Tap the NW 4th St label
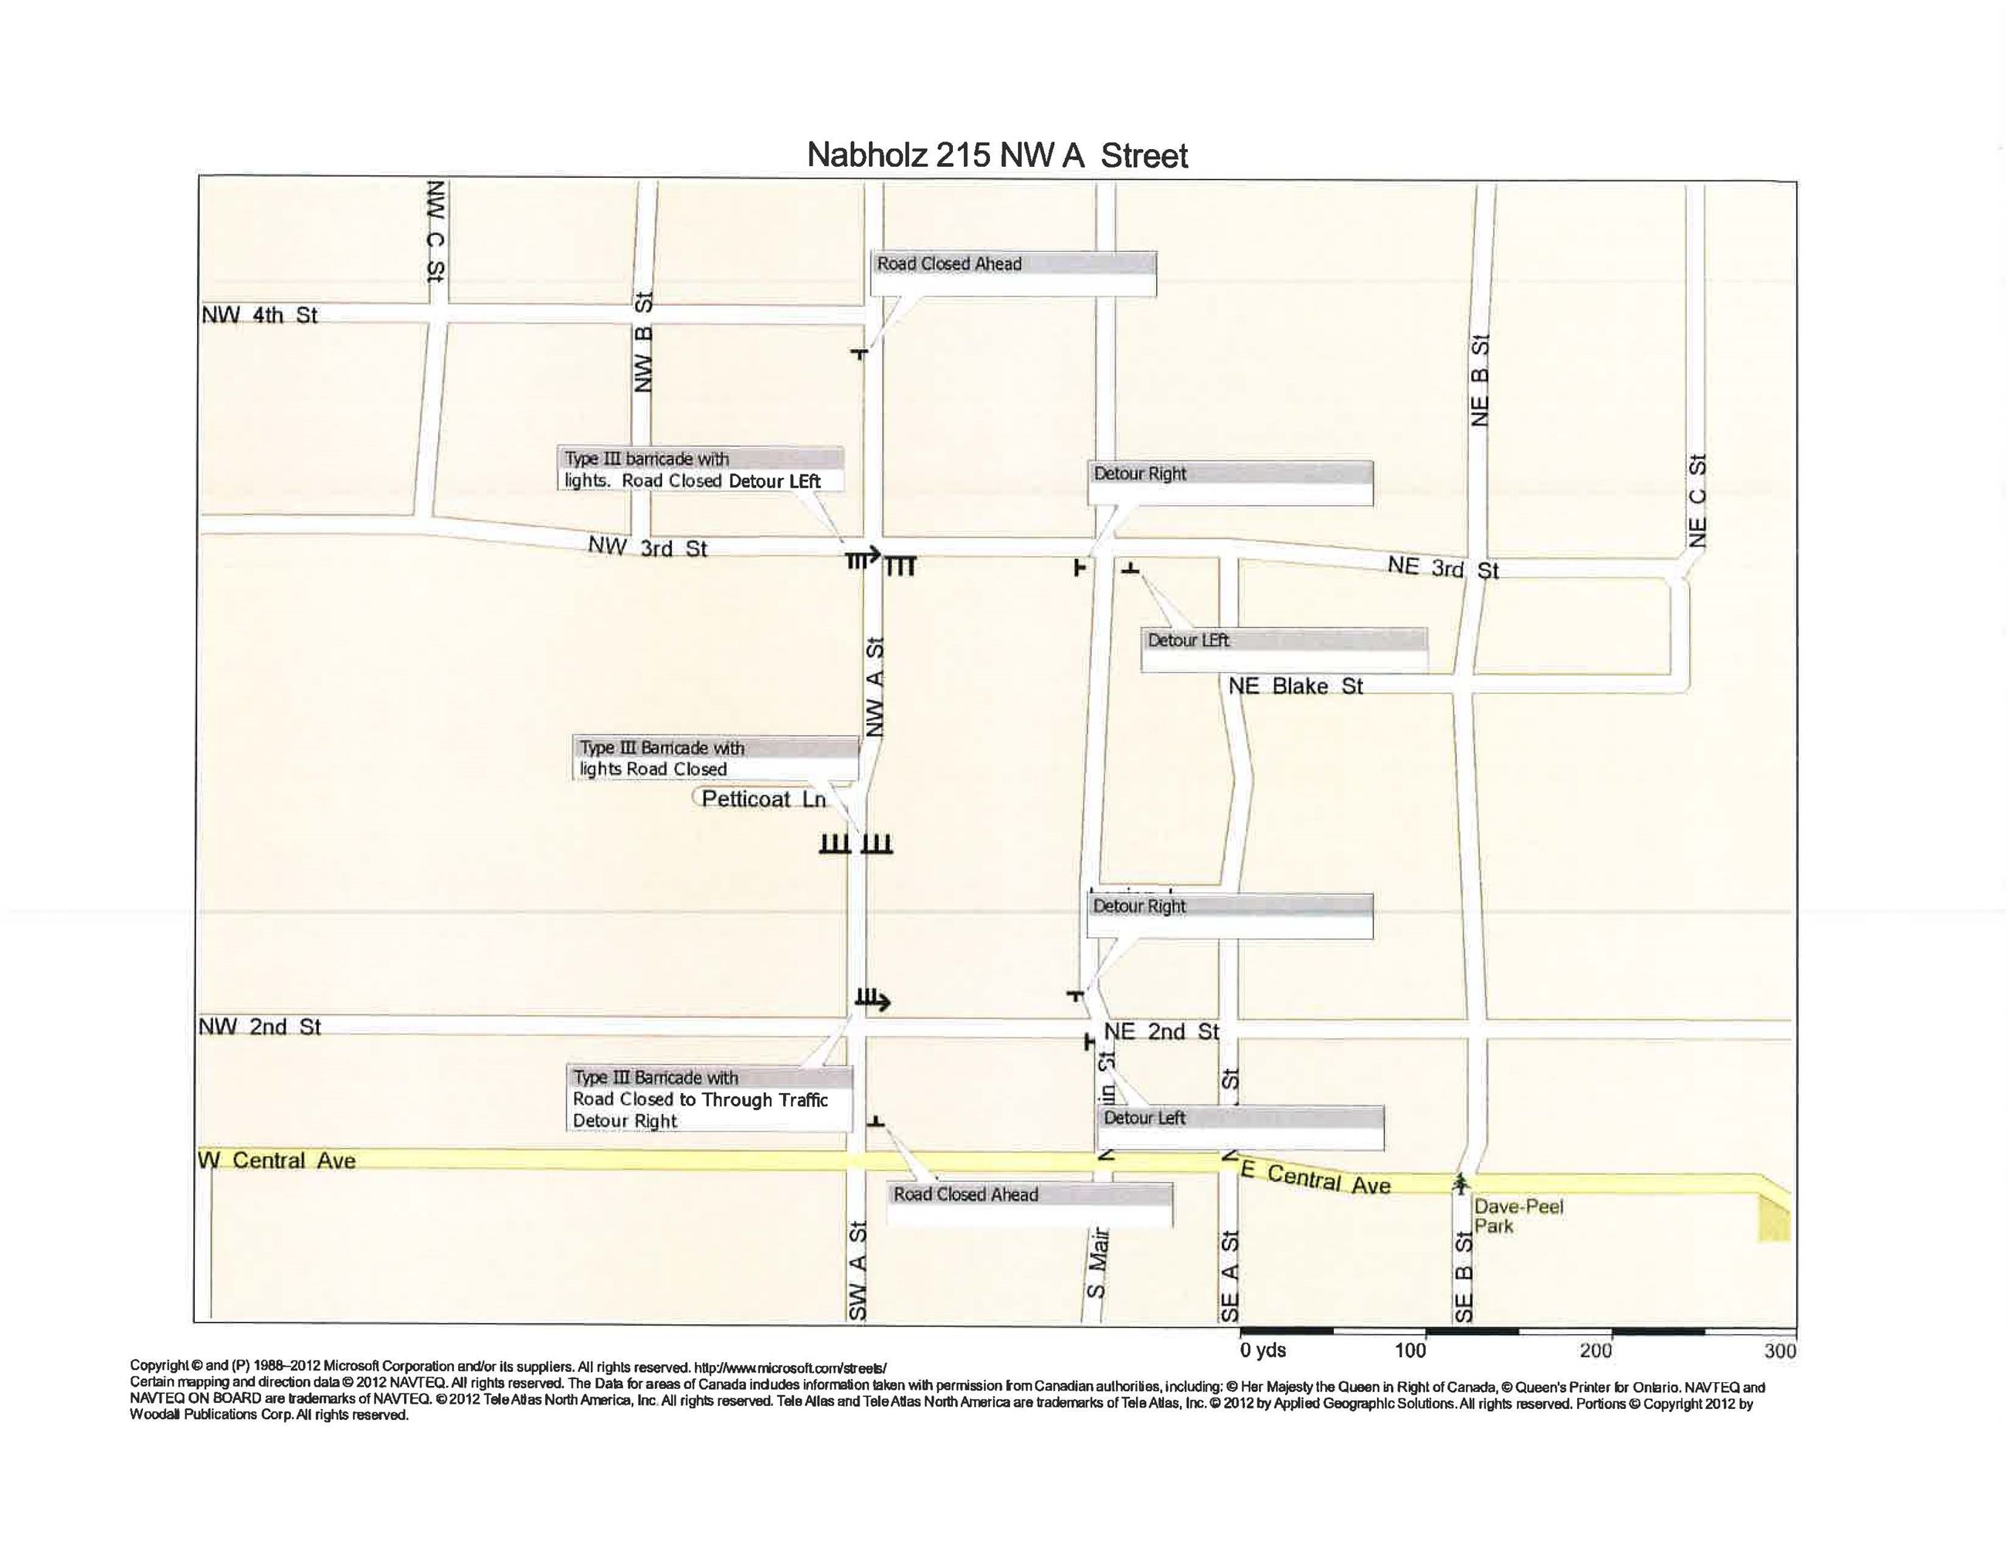259,315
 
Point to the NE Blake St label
1295,686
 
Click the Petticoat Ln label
763,799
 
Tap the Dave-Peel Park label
1518,1215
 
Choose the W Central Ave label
276,1160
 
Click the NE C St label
1698,501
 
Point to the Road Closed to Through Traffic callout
708,1099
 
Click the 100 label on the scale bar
1409,1350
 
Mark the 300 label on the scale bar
1780,1350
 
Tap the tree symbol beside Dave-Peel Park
1460,1184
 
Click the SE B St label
1463,1277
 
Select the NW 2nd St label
260,1027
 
